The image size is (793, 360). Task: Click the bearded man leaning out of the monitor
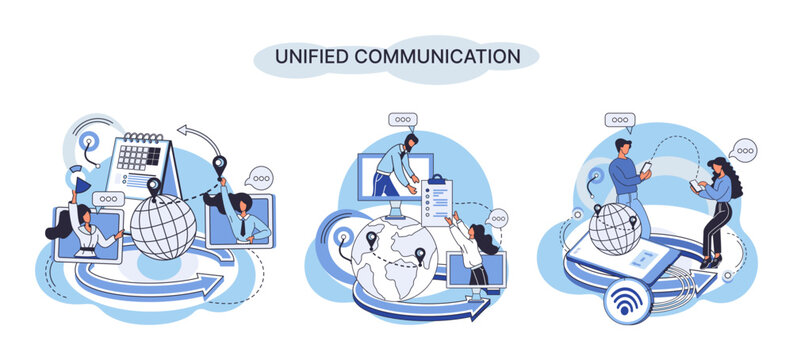(x=400, y=166)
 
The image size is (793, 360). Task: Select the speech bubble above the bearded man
(x=403, y=120)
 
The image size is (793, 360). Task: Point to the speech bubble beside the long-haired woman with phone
(x=743, y=151)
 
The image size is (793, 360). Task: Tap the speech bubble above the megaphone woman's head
(x=107, y=199)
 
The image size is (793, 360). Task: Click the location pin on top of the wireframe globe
(x=154, y=187)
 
